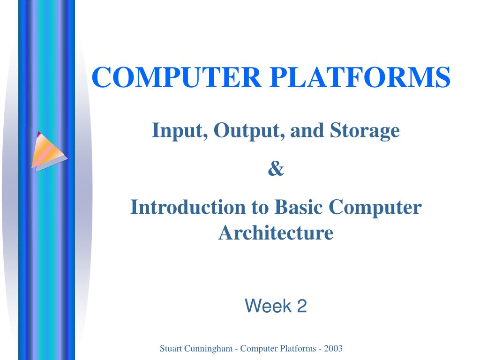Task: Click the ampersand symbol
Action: point(276,169)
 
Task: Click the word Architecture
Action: point(276,232)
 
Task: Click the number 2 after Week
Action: point(301,307)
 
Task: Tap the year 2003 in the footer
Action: point(333,348)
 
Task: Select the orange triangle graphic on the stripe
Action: point(48,149)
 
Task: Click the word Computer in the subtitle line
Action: point(375,207)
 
